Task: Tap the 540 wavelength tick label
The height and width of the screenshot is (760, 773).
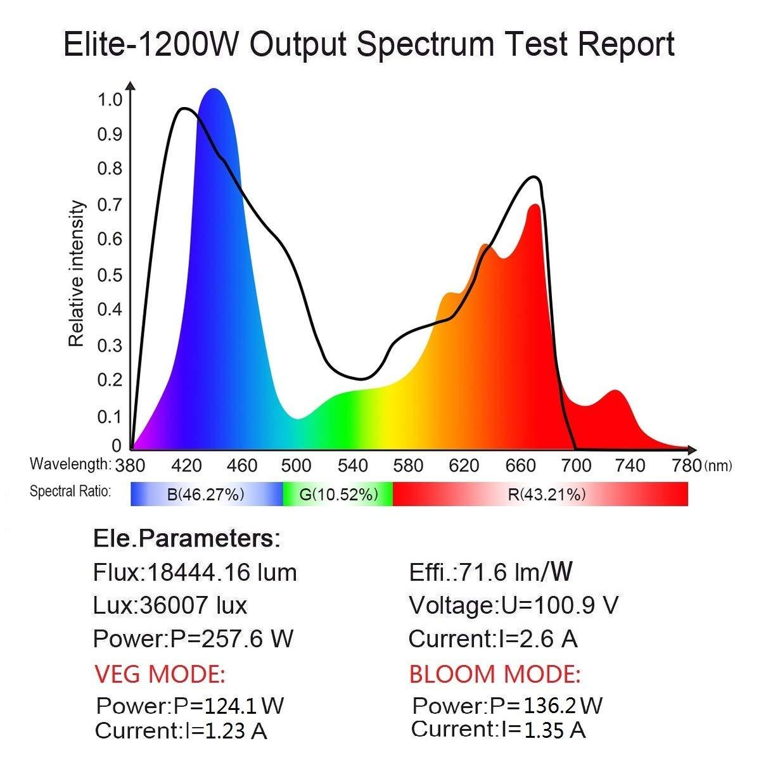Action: (x=353, y=466)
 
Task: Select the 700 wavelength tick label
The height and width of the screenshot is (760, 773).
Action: (x=577, y=466)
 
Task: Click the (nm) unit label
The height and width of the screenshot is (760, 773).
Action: (x=717, y=467)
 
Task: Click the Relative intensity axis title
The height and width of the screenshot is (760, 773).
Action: (x=76, y=274)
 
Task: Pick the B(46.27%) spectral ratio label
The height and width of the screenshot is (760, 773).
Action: (x=205, y=495)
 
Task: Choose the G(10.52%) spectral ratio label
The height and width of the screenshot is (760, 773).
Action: (x=338, y=495)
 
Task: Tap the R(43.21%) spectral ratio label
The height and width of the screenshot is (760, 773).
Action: (x=547, y=495)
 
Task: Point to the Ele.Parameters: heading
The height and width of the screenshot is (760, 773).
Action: (x=186, y=539)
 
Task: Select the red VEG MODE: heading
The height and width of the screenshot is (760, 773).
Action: (x=160, y=674)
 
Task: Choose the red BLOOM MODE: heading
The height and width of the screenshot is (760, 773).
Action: (x=494, y=674)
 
